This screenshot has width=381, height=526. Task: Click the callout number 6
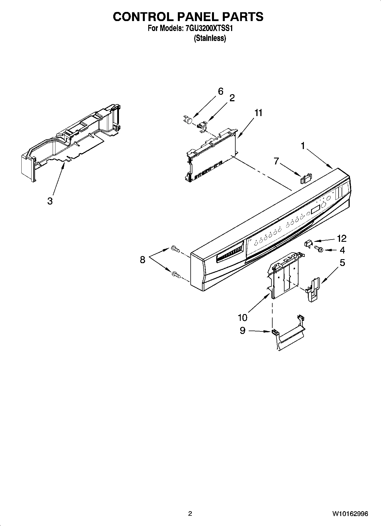coord(221,91)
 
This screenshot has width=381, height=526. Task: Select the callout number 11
coord(258,113)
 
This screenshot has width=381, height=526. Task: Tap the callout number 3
coord(50,201)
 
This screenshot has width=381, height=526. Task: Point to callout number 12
coord(341,238)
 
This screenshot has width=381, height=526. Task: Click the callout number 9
coord(242,330)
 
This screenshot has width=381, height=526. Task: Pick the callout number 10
coord(243,317)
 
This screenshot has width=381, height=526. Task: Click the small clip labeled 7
coord(305,178)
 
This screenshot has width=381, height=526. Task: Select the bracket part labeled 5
coord(313,289)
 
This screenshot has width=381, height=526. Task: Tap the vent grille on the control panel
coord(230,252)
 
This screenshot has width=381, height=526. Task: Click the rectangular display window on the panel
coord(315,210)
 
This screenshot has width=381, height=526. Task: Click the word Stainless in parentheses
coord(210,38)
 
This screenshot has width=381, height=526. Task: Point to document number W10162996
coord(350,513)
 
